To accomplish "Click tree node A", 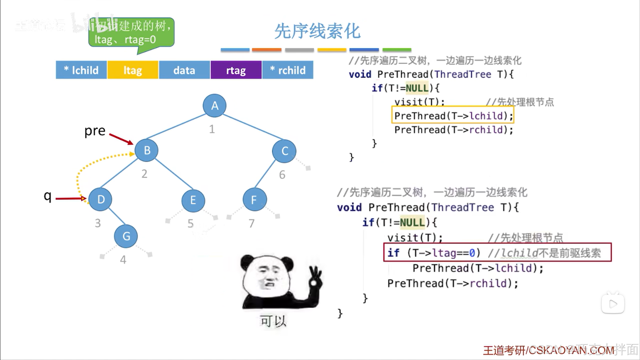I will pyautogui.click(x=214, y=106).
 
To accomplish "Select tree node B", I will pyautogui.click(x=147, y=150).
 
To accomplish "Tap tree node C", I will pyautogui.click(x=284, y=151).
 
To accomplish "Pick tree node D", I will pyautogui.click(x=101, y=200).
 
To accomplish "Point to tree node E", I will pyautogui.click(x=193, y=201).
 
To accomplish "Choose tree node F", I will pyautogui.click(x=254, y=200).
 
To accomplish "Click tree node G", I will pyautogui.click(x=126, y=236).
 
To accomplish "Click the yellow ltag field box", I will pyautogui.click(x=133, y=70).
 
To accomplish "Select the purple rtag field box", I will pyautogui.click(x=236, y=70).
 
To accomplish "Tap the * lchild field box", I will pyautogui.click(x=81, y=70).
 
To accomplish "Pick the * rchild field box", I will pyautogui.click(x=288, y=70).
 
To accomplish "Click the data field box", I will pyautogui.click(x=184, y=70).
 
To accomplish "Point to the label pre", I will pyautogui.click(x=95, y=131).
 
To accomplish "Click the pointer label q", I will pyautogui.click(x=48, y=196).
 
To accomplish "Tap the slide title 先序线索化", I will pyautogui.click(x=317, y=31).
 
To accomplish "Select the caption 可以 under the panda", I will pyautogui.click(x=273, y=321).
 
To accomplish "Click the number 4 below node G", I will pyautogui.click(x=123, y=260).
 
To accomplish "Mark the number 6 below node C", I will pyautogui.click(x=282, y=175).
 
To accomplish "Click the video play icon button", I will pyautogui.click(x=613, y=304).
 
